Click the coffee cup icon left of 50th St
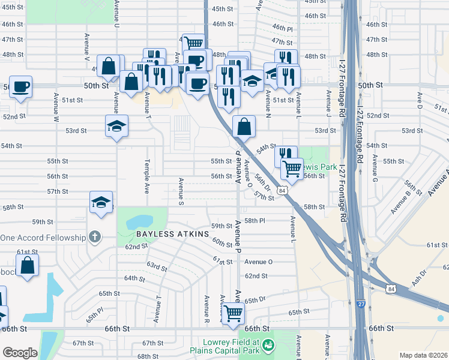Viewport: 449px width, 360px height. [20, 86]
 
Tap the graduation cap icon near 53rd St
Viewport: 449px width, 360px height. [117, 126]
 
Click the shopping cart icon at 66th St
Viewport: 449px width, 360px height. [233, 312]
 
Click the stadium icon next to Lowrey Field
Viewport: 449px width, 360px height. [269, 345]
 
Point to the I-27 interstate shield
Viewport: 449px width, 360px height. [360, 305]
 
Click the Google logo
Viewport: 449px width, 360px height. [20, 353]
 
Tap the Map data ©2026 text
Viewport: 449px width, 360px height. [423, 355]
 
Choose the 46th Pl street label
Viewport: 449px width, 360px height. [282, 28]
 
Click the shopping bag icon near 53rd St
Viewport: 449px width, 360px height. [244, 127]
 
